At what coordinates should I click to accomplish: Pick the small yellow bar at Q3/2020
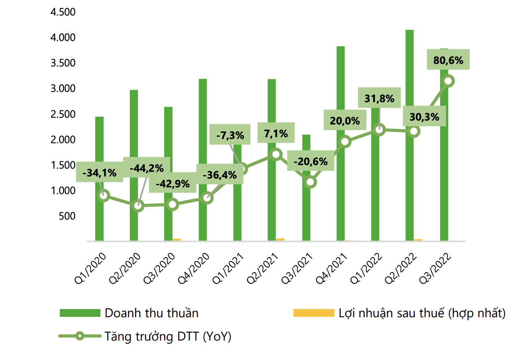(177, 240)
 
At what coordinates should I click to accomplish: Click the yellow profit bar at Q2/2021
(280, 239)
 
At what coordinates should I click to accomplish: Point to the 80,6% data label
(448, 60)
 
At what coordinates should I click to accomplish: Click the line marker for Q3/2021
(310, 182)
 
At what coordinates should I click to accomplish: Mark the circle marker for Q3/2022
(448, 81)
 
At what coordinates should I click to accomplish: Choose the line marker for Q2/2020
(138, 206)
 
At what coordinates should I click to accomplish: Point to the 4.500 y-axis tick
(63, 12)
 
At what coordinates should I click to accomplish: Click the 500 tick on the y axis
(67, 216)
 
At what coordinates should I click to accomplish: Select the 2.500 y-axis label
(63, 114)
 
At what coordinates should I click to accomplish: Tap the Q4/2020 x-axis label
(194, 269)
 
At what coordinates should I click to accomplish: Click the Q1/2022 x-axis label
(366, 269)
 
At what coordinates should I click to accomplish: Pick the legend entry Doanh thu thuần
(151, 313)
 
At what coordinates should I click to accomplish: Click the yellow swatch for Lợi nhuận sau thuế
(313, 313)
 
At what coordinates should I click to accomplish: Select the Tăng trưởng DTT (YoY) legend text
(168, 336)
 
